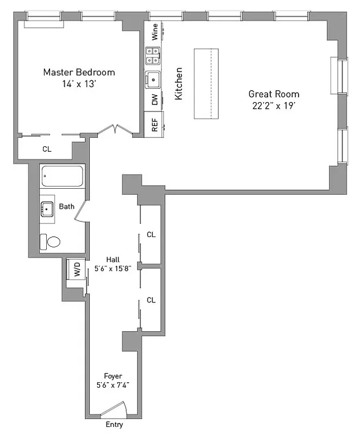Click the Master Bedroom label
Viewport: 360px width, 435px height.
[x=79, y=72]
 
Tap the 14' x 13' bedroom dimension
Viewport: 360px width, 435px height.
[x=79, y=84]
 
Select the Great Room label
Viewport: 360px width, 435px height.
[x=274, y=94]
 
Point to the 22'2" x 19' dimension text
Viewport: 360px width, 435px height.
[x=274, y=106]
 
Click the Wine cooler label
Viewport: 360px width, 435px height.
[x=155, y=32]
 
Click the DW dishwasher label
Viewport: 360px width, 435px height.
[x=155, y=100]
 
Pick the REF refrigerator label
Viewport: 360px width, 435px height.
[x=155, y=126]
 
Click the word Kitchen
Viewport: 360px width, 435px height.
[x=178, y=83]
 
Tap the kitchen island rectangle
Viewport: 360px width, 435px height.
[x=206, y=83]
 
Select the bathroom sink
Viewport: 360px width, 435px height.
[x=47, y=207]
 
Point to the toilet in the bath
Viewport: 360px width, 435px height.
[x=51, y=241]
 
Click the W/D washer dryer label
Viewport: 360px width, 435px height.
[x=77, y=268]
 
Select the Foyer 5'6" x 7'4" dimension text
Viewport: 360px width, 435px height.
[x=113, y=385]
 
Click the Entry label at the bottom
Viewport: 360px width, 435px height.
[x=114, y=425]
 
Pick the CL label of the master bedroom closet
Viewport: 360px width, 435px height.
[x=47, y=148]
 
